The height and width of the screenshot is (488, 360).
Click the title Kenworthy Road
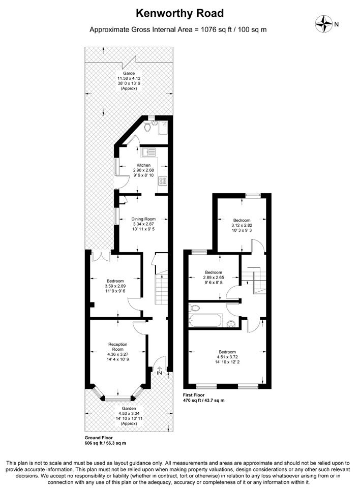click(x=179, y=13)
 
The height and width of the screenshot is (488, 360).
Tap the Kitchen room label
click(x=143, y=165)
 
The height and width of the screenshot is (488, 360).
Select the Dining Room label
click(x=143, y=219)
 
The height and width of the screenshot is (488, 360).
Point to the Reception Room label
click(x=118, y=347)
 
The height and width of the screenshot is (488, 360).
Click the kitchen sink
click(x=149, y=152)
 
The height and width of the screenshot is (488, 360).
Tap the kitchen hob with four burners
click(x=163, y=181)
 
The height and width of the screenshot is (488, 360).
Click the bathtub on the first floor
click(x=206, y=321)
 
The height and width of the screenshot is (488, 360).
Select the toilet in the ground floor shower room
click(x=148, y=126)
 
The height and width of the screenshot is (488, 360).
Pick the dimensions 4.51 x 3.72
click(x=227, y=357)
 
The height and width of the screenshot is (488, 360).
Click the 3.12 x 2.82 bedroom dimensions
click(x=242, y=225)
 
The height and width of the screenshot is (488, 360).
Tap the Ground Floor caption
click(x=99, y=438)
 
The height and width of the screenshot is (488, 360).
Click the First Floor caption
click(x=194, y=395)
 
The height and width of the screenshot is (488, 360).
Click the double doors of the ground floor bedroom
click(x=101, y=255)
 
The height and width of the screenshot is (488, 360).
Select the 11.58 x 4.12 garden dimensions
click(x=129, y=78)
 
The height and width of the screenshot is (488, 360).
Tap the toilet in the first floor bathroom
click(x=194, y=308)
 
